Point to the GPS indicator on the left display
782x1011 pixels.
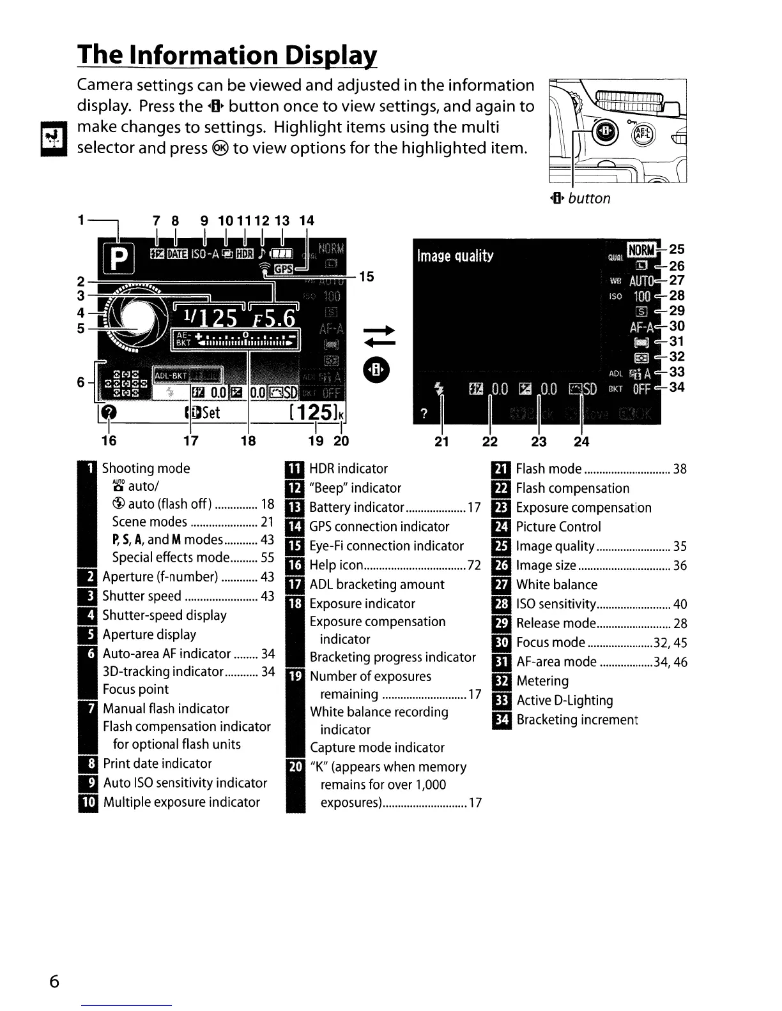coord(281,270)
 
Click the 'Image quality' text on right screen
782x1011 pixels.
coord(455,256)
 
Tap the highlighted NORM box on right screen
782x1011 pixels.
coord(642,250)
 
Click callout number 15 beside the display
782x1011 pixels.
coord(367,276)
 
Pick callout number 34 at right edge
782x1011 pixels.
coord(677,387)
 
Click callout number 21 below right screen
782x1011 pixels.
coord(441,441)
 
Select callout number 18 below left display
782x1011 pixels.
coord(248,441)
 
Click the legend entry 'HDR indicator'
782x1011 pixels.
coord(348,468)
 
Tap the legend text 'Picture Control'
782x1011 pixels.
coord(558,527)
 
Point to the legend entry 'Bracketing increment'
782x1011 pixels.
coord(577,720)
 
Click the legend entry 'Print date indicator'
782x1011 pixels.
coord(157,763)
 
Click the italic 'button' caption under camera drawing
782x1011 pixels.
coord(589,198)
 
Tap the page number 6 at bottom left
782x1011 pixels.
coord(54,981)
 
